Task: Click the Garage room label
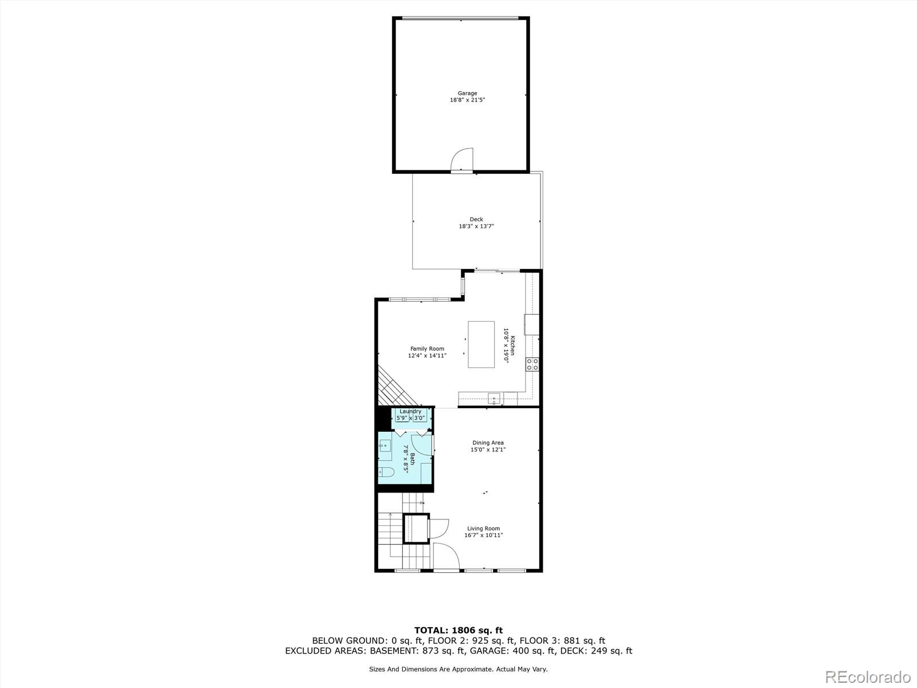[x=467, y=93]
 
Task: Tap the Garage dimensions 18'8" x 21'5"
[x=467, y=100]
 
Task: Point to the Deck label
[x=476, y=219]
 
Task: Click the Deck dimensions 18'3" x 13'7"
[x=476, y=226]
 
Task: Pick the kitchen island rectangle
[x=481, y=344]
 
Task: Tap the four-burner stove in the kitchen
[x=532, y=365]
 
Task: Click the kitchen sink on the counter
[x=493, y=397]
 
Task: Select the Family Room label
[x=427, y=349]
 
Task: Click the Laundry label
[x=410, y=411]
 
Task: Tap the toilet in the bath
[x=386, y=472]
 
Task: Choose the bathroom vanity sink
[x=385, y=445]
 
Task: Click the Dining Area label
[x=488, y=443]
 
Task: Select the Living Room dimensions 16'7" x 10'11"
[x=484, y=535]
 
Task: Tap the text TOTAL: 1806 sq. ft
[x=458, y=630]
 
